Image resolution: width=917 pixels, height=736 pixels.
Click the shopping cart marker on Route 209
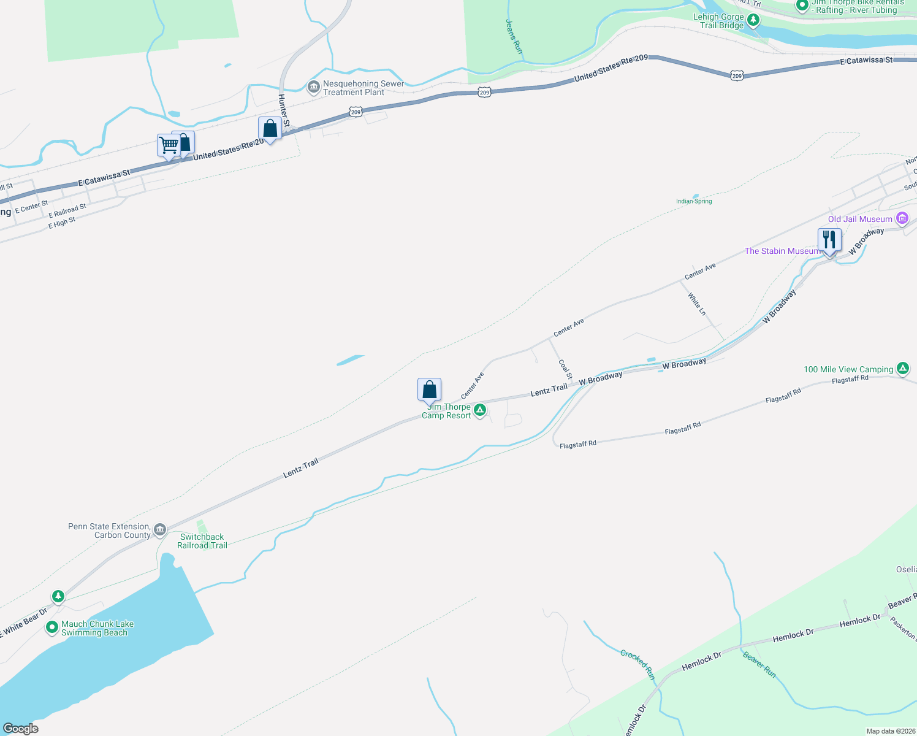point(169,146)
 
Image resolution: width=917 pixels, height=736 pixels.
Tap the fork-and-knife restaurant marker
point(829,240)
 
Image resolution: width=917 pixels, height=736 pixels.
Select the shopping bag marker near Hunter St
point(270,128)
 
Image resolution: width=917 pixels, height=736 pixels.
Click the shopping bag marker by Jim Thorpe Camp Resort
point(429,389)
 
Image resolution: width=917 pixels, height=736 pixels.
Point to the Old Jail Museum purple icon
point(902,218)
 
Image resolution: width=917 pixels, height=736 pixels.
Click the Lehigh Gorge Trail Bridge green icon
point(753,20)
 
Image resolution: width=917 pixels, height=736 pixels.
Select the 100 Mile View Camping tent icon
point(902,369)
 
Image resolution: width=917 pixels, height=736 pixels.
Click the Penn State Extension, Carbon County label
point(110,531)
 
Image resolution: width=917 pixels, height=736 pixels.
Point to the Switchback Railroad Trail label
point(202,541)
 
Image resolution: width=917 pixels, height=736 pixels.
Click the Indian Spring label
point(694,201)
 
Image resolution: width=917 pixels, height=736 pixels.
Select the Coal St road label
point(565,369)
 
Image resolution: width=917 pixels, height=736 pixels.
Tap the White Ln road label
point(697,304)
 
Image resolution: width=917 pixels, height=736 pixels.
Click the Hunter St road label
point(284,110)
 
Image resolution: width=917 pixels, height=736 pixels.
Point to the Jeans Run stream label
point(514,36)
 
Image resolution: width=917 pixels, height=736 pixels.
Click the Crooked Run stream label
point(638,664)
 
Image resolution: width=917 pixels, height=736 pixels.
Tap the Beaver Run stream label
point(759,665)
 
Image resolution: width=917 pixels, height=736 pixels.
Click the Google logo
point(21,728)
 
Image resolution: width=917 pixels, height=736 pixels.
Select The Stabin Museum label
point(782,251)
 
